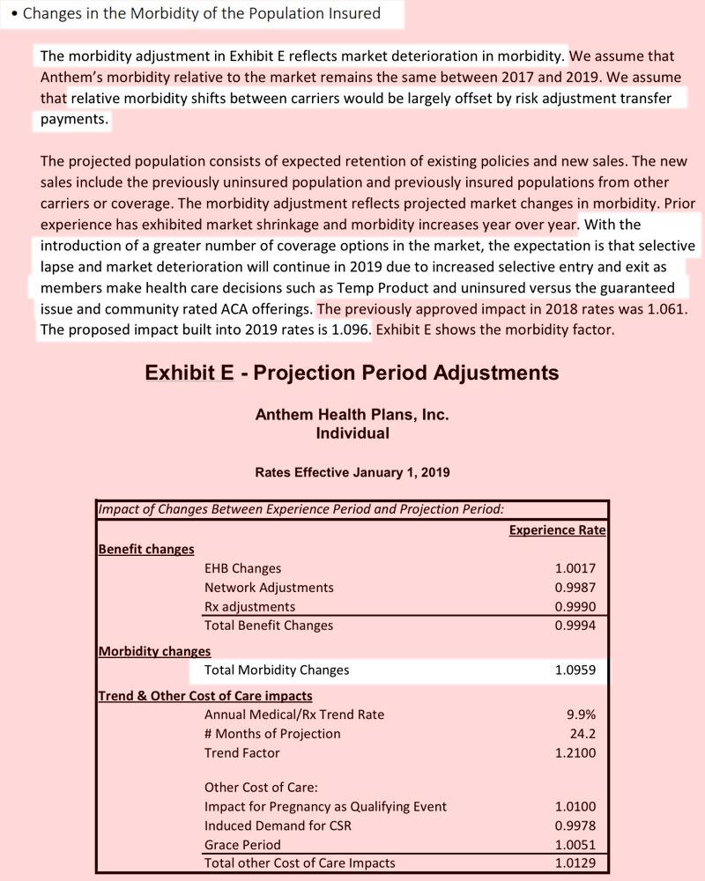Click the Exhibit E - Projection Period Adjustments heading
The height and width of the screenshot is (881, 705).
pyautogui.click(x=352, y=373)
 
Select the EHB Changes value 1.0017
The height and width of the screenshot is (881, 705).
pyautogui.click(x=575, y=568)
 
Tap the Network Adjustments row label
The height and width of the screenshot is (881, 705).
pyautogui.click(x=269, y=587)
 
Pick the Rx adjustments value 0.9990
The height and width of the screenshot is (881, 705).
pyautogui.click(x=575, y=606)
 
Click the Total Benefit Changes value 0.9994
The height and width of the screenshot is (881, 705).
pyautogui.click(x=575, y=626)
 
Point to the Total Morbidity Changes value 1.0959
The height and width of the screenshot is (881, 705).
pyautogui.click(x=575, y=670)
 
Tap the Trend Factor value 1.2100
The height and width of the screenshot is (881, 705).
pyautogui.click(x=575, y=752)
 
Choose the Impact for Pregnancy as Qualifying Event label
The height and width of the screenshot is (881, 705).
pyautogui.click(x=325, y=806)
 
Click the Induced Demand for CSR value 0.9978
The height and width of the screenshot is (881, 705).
pyautogui.click(x=575, y=825)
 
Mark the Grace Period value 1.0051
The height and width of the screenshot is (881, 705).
pyautogui.click(x=575, y=844)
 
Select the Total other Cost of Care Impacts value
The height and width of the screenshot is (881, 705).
pyautogui.click(x=575, y=862)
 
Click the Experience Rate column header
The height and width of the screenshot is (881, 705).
pyautogui.click(x=557, y=529)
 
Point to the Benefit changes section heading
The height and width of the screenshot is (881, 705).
pyautogui.click(x=146, y=549)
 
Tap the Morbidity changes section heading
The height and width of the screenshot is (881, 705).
pyautogui.click(x=154, y=651)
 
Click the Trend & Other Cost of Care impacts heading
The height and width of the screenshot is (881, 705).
pyautogui.click(x=204, y=696)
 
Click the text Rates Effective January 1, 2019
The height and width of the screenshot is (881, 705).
pyautogui.click(x=352, y=472)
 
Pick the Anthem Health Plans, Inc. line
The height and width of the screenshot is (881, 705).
pyautogui.click(x=352, y=415)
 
